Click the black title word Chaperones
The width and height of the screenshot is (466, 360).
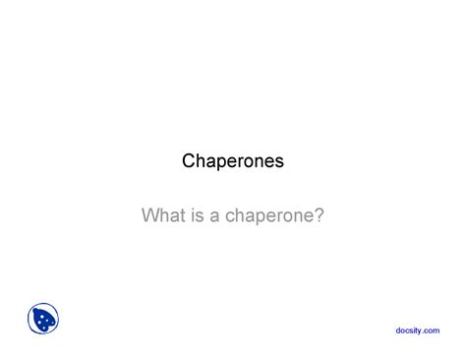point(233,160)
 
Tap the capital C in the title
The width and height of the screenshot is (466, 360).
point(189,160)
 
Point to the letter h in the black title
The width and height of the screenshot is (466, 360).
point(201,160)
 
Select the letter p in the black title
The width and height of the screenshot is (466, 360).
point(223,162)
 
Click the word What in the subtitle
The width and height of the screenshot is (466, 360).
point(164,213)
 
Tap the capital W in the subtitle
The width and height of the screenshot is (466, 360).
point(151,213)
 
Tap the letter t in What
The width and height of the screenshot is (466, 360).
point(183,213)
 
